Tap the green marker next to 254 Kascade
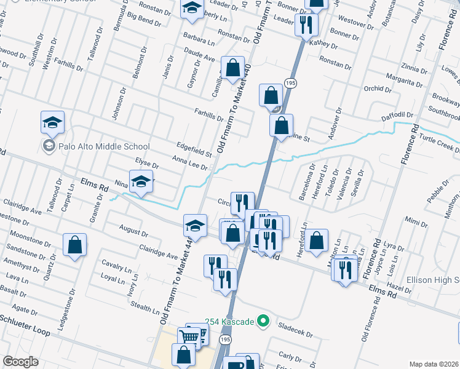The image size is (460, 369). pos(263,320)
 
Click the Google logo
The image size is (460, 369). pos(20,362)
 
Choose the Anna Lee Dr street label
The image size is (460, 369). pos(190,162)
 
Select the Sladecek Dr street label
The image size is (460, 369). pos(296,330)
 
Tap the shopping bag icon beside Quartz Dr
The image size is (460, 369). pos(74,244)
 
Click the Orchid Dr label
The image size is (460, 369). pos(377,89)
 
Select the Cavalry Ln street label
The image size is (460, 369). pos(117,266)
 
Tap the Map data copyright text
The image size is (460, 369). pos(434,364)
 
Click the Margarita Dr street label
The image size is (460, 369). pos(403,76)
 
